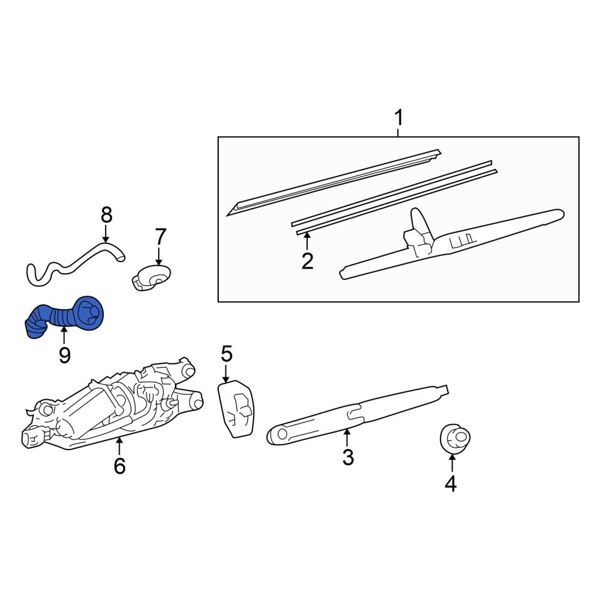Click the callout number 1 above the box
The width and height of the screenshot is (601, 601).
pos(399,118)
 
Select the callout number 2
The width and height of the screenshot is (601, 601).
pos(307,261)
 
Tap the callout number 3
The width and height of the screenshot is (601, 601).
pos(347,457)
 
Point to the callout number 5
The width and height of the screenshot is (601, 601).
pos(227,354)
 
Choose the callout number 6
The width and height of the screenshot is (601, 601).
pos(120,466)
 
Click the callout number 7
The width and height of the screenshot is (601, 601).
pos(160,237)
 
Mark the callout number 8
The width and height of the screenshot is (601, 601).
pos(106,215)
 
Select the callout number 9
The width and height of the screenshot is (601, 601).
pos(64,355)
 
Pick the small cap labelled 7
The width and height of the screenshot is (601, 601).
pos(151,277)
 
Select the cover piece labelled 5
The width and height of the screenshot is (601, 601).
pos(236,409)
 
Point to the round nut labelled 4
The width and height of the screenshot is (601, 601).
pos(455,439)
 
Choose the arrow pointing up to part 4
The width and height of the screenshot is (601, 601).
pos(453,463)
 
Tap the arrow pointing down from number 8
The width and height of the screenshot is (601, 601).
pos(106,234)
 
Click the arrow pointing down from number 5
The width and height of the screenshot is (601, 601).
pos(226,373)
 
